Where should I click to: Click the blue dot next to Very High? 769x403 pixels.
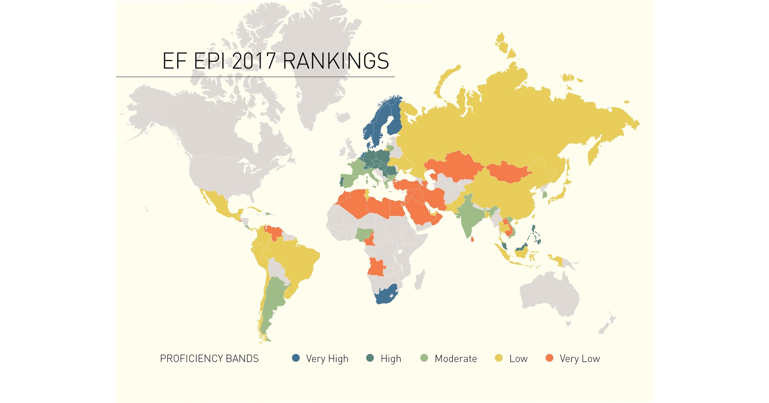point(295,358)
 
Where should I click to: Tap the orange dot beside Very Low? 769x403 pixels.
point(549,358)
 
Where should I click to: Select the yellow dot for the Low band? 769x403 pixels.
point(499,358)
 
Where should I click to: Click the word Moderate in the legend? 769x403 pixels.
point(456,359)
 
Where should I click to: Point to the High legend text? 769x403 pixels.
point(391,359)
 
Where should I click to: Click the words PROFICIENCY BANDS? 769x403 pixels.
point(209,359)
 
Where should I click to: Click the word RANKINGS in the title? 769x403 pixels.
point(336,61)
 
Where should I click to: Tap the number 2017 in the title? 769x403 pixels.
point(253,61)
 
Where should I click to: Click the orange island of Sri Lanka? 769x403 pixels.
point(472,239)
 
